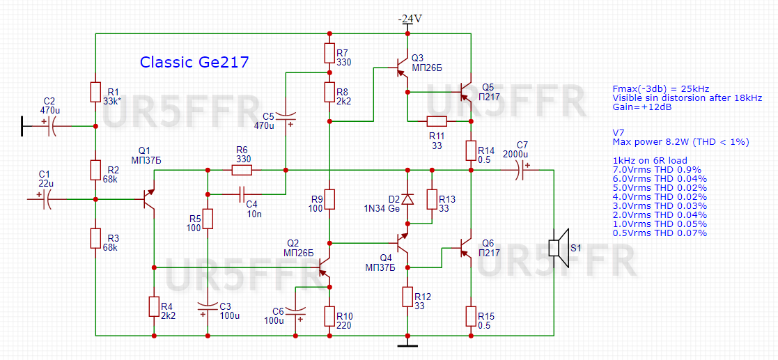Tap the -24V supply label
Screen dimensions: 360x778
(410, 19)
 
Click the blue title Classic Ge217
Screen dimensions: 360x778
(194, 62)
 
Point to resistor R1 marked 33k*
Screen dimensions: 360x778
(96, 92)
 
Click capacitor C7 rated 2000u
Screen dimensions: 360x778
(520, 169)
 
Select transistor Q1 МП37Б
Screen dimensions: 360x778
(148, 199)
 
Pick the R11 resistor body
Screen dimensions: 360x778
(437, 120)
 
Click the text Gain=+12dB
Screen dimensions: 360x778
(641, 108)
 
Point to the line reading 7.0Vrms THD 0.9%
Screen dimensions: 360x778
(656, 169)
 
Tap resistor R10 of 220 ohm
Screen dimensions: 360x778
(329, 317)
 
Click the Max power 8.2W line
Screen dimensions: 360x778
(680, 142)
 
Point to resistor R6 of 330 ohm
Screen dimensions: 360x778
(242, 169)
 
